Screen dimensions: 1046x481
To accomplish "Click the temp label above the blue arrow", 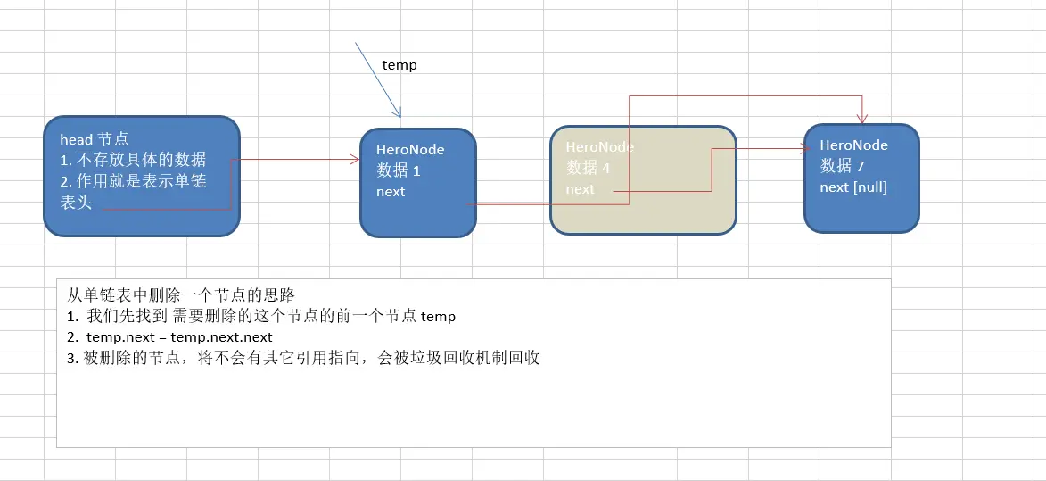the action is tap(399, 65).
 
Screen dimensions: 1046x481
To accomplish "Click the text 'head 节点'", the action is tap(95, 139).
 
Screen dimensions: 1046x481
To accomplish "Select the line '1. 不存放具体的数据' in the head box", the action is tap(133, 160).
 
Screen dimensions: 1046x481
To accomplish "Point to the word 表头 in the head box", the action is tap(76, 203).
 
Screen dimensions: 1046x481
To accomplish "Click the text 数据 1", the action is tap(398, 170).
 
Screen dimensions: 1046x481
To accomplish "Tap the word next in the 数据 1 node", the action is tap(391, 192).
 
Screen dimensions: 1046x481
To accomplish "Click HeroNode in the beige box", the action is tap(600, 146).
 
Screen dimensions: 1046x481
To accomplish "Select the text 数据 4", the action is tap(588, 167).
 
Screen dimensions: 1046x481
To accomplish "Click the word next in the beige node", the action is tap(580, 189).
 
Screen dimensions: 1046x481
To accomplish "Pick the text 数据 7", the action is tap(842, 165).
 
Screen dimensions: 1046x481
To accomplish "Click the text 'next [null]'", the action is tap(853, 187).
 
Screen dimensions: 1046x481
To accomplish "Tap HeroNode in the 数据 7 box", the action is tap(853, 145).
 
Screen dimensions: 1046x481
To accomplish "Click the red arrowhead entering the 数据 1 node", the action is tap(355, 160).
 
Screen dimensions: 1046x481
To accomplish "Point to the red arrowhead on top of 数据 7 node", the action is tap(861, 119).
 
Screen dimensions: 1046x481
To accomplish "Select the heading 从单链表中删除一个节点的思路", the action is tap(181, 294).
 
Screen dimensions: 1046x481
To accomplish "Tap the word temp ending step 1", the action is tap(438, 317).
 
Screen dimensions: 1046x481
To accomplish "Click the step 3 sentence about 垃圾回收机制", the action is tap(304, 359).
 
